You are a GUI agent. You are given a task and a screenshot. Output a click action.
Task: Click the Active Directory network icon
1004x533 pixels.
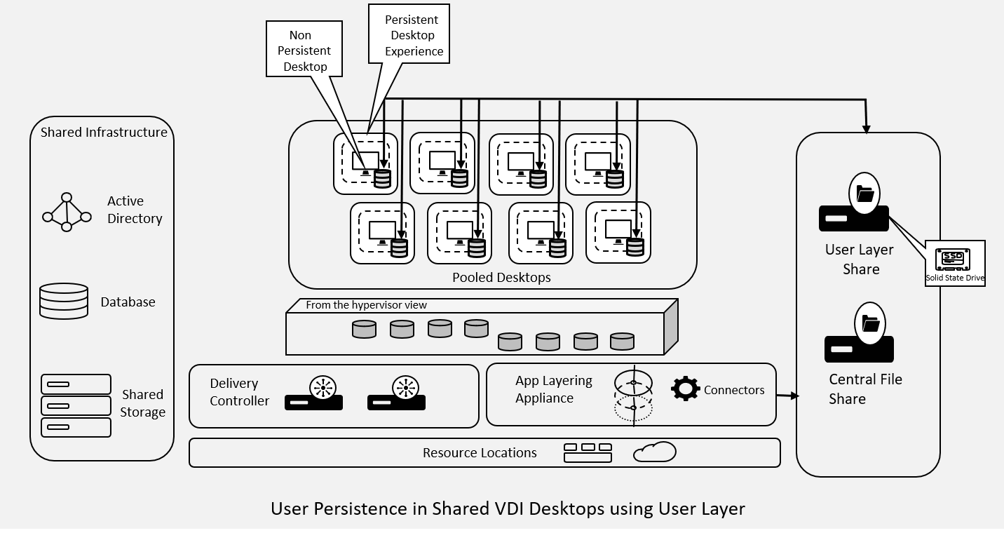(67, 212)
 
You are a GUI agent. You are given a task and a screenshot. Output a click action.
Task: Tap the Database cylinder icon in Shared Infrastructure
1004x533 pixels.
(64, 302)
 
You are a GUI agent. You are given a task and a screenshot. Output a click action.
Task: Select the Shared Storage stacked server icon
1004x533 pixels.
(76, 405)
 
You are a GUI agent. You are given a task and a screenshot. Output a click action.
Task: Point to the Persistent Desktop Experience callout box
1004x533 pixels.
(409, 35)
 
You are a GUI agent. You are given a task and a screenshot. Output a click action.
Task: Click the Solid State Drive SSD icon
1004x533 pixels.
(954, 259)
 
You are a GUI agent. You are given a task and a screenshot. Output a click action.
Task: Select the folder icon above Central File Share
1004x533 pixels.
(869, 324)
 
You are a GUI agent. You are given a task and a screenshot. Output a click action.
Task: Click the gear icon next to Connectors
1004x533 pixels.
(685, 389)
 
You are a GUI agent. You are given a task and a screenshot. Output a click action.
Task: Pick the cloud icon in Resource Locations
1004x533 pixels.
(654, 452)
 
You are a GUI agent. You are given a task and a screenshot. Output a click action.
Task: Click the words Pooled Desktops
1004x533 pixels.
(501, 277)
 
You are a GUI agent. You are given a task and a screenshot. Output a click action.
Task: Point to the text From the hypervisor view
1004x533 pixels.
(366, 305)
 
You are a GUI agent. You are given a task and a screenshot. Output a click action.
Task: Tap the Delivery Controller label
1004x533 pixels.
(239, 392)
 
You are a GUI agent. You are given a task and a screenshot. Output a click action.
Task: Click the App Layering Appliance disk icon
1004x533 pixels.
(633, 394)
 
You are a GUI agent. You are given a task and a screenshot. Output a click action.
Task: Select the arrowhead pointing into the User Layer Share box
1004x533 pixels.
(867, 128)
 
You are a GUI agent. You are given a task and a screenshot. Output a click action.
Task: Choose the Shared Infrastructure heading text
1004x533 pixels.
(104, 132)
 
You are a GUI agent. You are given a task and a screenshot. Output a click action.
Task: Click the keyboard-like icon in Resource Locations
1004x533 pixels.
(588, 452)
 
